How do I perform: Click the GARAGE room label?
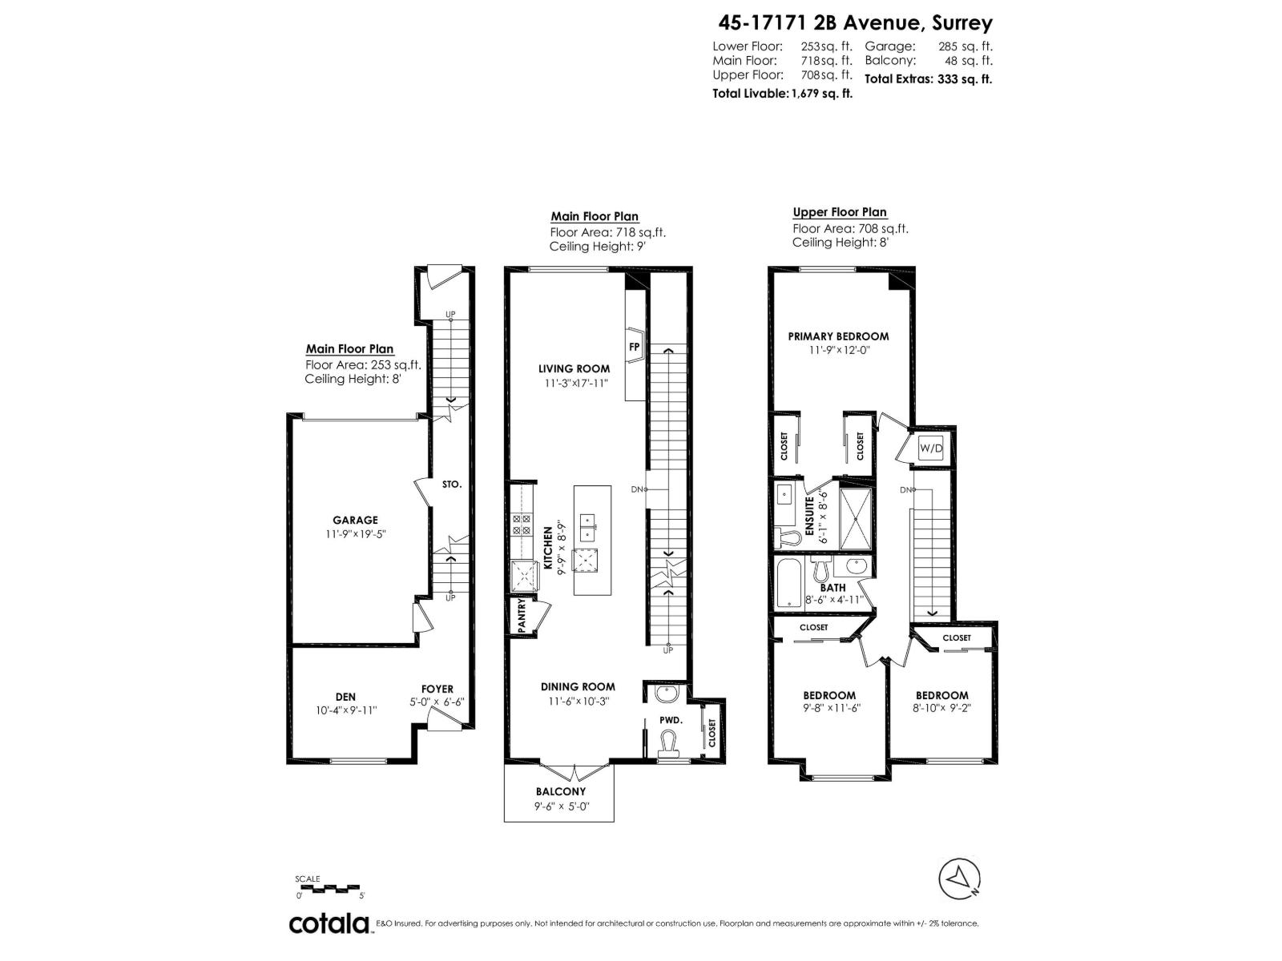tap(355, 520)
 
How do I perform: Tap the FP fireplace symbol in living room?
tap(634, 347)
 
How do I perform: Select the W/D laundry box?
tap(931, 448)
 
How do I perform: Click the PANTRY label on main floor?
tap(522, 617)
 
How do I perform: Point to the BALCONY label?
tap(561, 791)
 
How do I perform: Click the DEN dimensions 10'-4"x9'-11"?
tap(346, 710)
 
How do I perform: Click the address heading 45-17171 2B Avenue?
tap(851, 24)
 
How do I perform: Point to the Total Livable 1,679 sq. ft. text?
tap(782, 93)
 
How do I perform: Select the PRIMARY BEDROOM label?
tap(838, 336)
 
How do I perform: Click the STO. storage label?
tap(451, 485)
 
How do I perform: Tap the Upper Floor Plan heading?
tap(840, 212)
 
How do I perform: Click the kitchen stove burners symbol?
tap(522, 525)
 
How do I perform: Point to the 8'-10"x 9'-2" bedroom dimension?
tap(941, 708)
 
